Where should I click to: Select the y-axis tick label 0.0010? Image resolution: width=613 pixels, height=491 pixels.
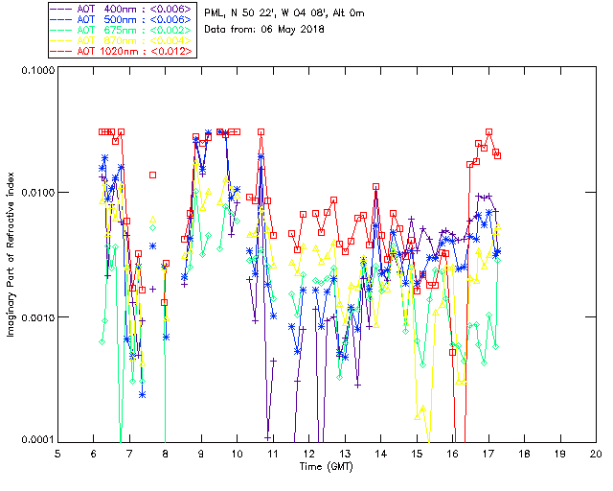coord(35,317)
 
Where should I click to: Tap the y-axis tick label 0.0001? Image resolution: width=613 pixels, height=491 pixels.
coord(35,440)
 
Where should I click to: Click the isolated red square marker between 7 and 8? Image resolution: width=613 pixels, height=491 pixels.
coord(152,175)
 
